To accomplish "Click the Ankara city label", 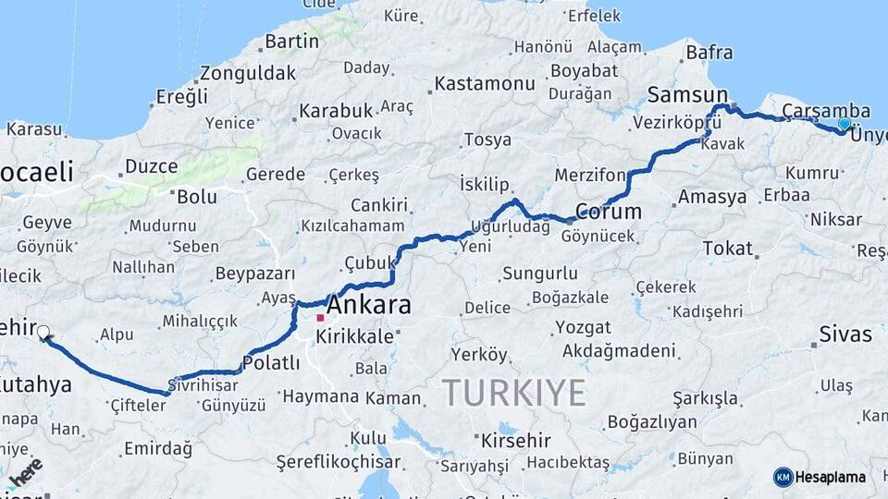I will (x=369, y=306).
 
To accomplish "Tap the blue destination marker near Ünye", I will (x=844, y=124).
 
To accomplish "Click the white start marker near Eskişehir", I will (x=43, y=331).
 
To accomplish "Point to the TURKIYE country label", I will (x=513, y=392).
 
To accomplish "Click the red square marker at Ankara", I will (x=320, y=318).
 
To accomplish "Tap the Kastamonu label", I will (x=485, y=83).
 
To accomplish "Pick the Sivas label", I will (x=845, y=334).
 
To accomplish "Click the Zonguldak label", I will (x=248, y=73).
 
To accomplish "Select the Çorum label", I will (x=608, y=211).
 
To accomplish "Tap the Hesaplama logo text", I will (x=831, y=477).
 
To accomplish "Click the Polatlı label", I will (x=271, y=362).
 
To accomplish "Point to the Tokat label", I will (x=728, y=248).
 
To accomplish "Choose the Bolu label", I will (x=196, y=196).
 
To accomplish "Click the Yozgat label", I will (x=583, y=327).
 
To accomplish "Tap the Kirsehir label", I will (x=515, y=440).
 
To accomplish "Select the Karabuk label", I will (x=335, y=111).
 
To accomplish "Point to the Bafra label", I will (x=709, y=53).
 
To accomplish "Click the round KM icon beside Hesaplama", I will (x=783, y=477).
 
